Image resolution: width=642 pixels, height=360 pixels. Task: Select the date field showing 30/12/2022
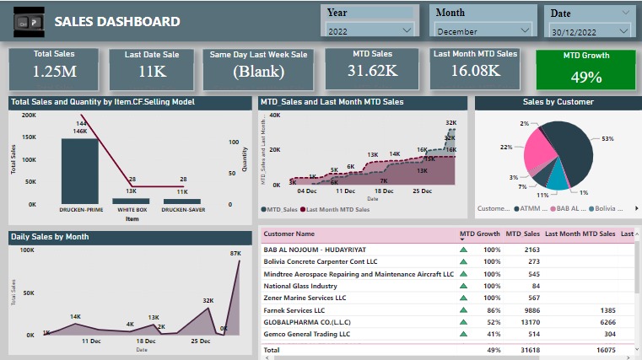(x=589, y=30)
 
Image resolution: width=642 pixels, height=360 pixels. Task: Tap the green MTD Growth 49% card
(x=585, y=69)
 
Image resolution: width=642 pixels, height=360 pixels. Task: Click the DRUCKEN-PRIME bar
(x=79, y=169)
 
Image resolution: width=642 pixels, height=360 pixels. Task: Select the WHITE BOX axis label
(x=132, y=209)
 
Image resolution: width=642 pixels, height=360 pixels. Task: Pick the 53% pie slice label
(x=608, y=138)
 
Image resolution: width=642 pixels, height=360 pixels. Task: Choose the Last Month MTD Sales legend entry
(x=337, y=209)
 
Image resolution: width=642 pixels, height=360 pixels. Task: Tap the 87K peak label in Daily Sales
(x=235, y=253)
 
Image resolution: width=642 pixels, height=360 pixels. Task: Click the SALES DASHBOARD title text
(x=116, y=22)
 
